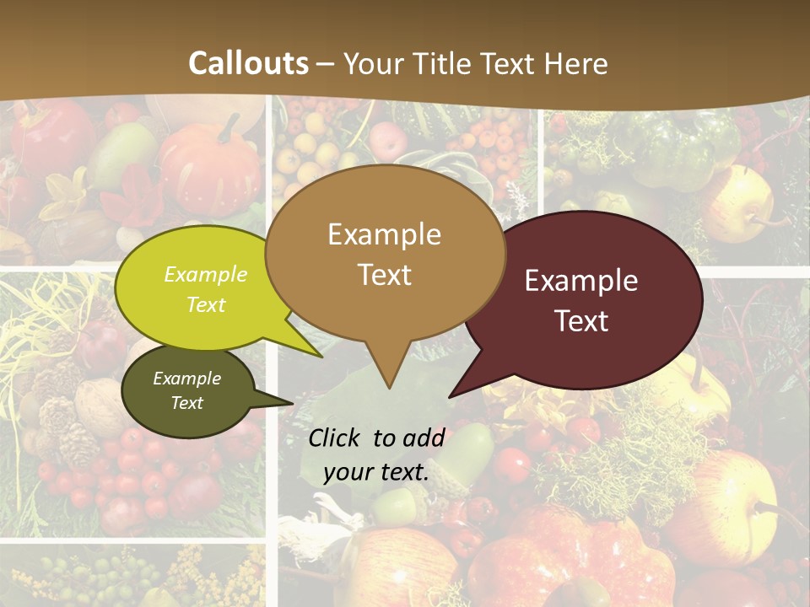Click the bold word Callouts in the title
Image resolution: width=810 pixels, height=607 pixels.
click(x=249, y=63)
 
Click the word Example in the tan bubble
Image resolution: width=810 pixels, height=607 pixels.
click(x=384, y=234)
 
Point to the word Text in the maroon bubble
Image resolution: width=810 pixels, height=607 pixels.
click(x=582, y=321)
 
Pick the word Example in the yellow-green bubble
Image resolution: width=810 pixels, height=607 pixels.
click(x=206, y=275)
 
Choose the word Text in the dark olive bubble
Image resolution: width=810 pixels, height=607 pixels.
click(x=187, y=403)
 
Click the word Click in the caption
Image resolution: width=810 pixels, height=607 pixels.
click(x=336, y=438)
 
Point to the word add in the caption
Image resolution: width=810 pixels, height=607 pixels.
click(x=424, y=438)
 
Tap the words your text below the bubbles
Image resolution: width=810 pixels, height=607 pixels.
click(x=375, y=472)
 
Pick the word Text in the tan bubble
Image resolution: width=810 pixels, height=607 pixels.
click(x=385, y=275)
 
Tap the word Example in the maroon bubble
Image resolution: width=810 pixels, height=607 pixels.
click(x=581, y=281)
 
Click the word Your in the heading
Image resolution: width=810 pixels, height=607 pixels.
click(x=375, y=63)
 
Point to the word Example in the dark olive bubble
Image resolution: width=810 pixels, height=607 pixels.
click(x=187, y=379)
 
